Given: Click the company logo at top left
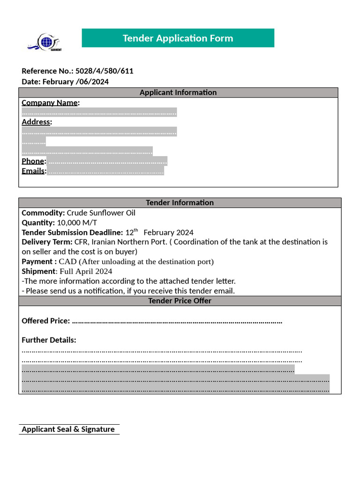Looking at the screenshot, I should [45, 42].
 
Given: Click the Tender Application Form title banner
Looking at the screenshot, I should [178, 38].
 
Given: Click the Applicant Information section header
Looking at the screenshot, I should [178, 92].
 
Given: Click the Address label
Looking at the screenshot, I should [37, 122].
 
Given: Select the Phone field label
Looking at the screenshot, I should [33, 161].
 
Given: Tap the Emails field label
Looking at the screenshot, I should [34, 171].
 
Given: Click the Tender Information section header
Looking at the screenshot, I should [180, 202].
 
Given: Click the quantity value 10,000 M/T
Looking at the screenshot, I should [77, 223].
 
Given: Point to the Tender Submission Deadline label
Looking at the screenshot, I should [72, 232].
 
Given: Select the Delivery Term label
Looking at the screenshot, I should [47, 242].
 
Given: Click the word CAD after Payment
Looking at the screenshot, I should [67, 262].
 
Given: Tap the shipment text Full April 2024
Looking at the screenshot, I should [86, 271].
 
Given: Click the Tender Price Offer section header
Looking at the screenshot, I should [180, 301].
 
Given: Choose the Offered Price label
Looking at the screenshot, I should [46, 321].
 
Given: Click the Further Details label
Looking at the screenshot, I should [49, 340].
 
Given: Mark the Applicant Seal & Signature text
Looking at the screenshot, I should [68, 429].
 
